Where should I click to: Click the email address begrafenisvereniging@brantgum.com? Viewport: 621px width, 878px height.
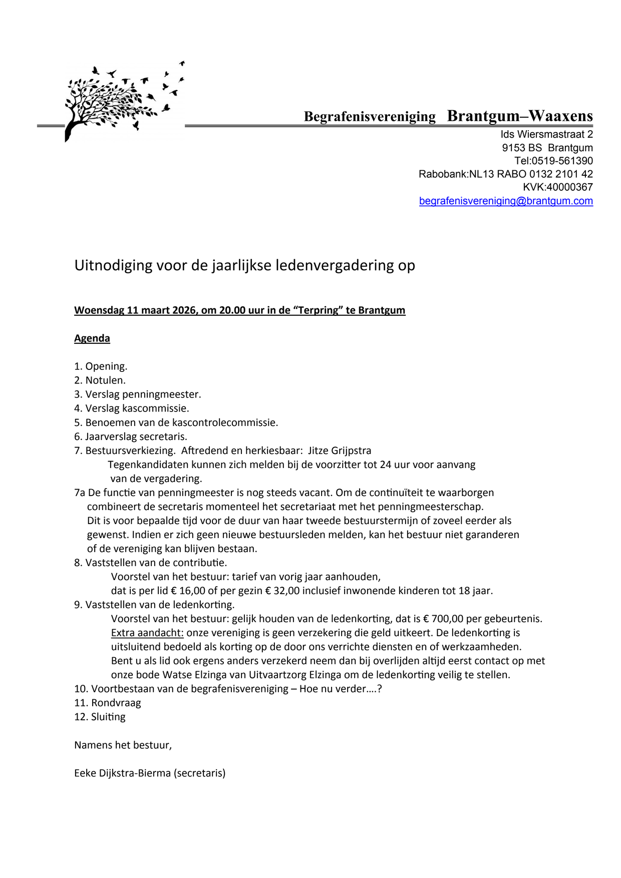[x=506, y=201]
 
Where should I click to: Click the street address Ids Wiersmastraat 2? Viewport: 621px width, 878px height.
[x=546, y=134]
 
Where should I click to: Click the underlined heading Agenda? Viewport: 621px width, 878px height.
[x=92, y=338]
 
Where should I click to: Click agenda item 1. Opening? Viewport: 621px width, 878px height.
[x=101, y=366]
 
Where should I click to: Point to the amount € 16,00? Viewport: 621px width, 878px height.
[x=188, y=591]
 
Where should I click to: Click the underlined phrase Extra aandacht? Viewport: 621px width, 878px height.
[x=147, y=633]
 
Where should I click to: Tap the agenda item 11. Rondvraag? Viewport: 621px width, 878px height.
[x=108, y=703]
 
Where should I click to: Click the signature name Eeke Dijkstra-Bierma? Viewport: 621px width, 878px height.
[x=123, y=773]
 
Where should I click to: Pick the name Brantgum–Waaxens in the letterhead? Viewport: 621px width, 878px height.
[x=520, y=116]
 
